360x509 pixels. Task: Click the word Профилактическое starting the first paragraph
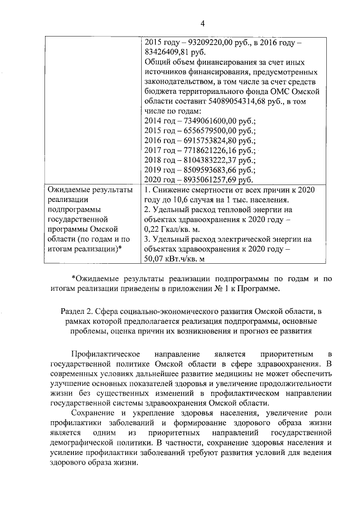99,354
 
